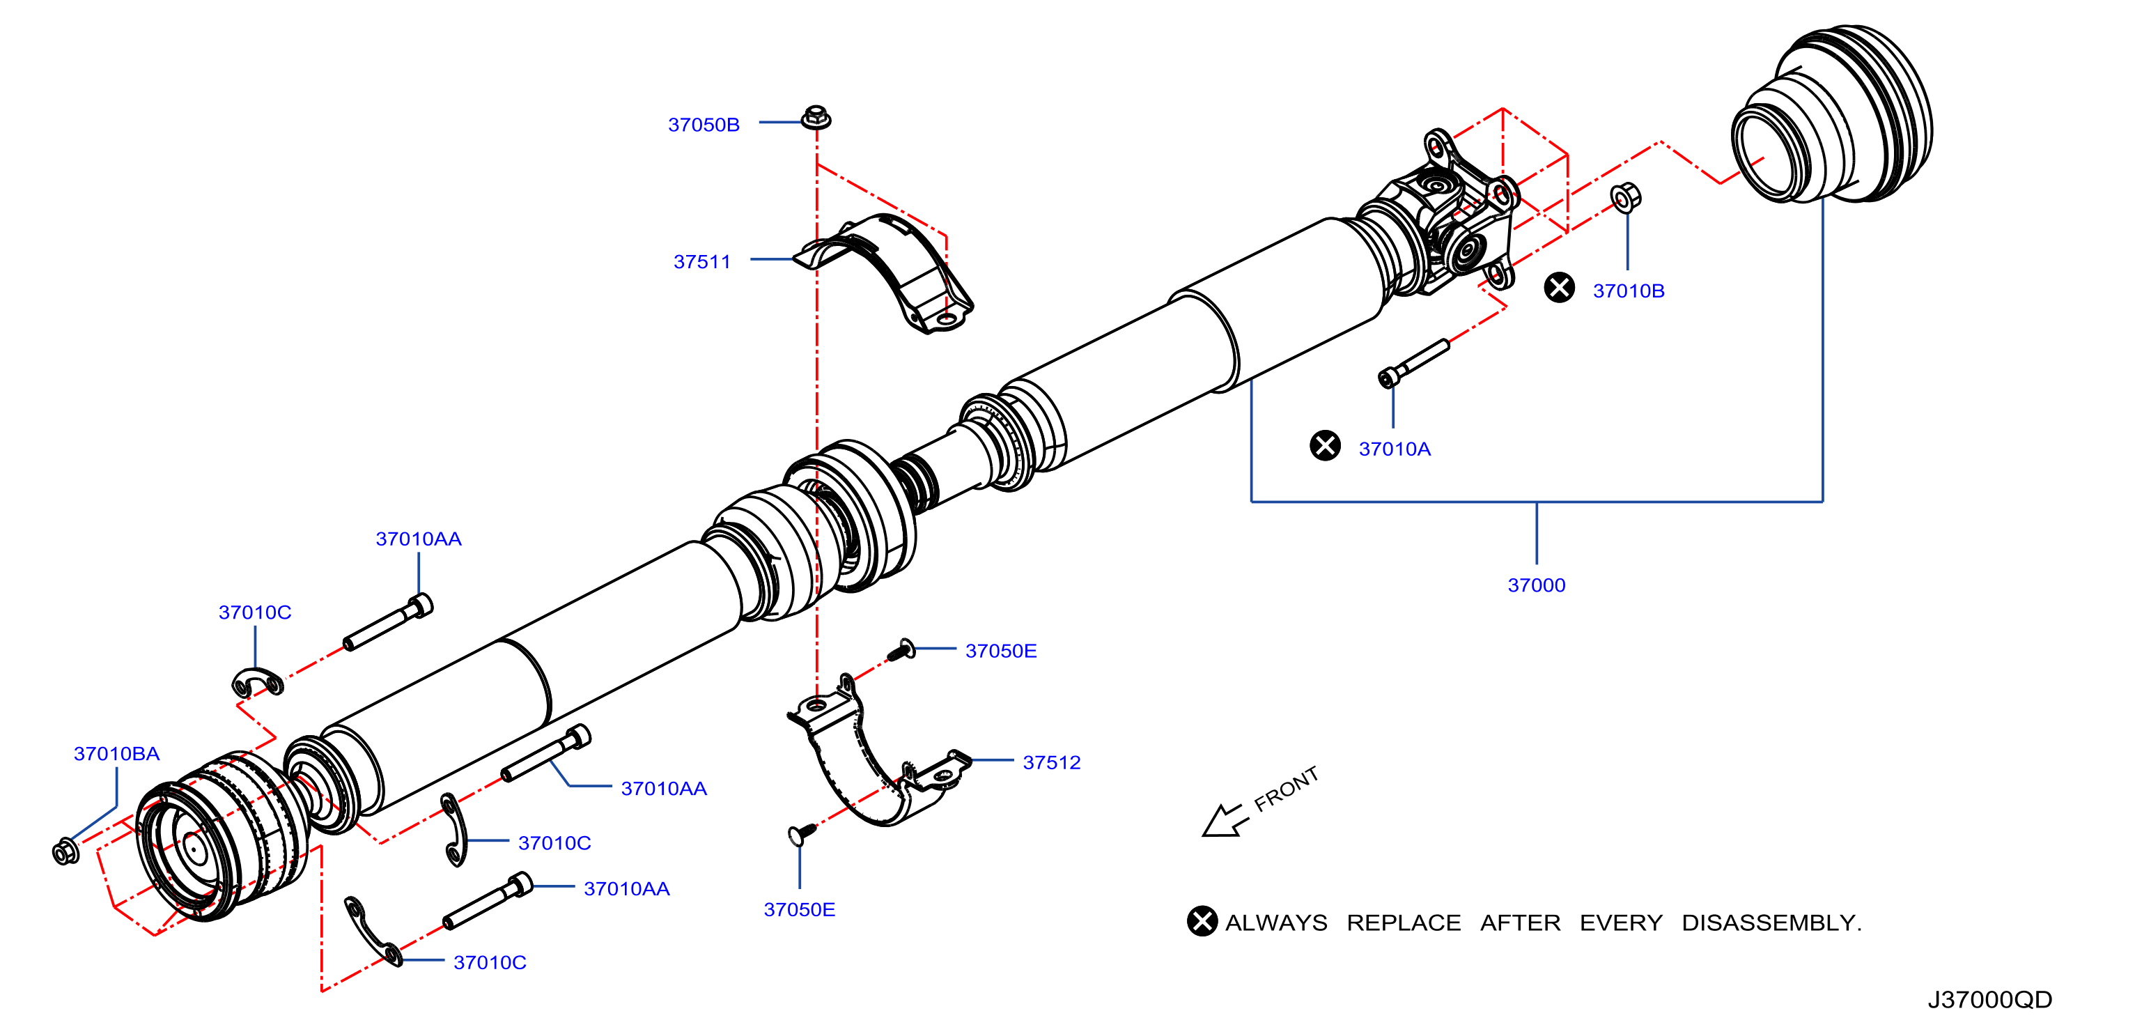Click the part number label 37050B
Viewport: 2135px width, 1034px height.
(704, 125)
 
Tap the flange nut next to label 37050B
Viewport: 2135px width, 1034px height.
(816, 117)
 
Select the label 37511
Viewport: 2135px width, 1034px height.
(702, 261)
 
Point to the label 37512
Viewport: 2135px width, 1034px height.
(1052, 762)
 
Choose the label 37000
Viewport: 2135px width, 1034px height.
(1537, 585)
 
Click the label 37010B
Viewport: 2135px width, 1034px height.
(1629, 291)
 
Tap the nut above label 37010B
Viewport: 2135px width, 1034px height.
(1625, 197)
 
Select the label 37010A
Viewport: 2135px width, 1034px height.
(1395, 449)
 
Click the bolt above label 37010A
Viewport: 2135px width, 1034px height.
(1413, 362)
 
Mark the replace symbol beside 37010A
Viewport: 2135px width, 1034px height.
(1326, 445)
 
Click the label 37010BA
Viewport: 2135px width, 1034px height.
(117, 753)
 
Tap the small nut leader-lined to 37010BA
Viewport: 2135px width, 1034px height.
(65, 851)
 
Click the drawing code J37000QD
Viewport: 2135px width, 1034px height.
(1990, 999)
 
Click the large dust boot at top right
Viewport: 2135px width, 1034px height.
(1832, 114)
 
